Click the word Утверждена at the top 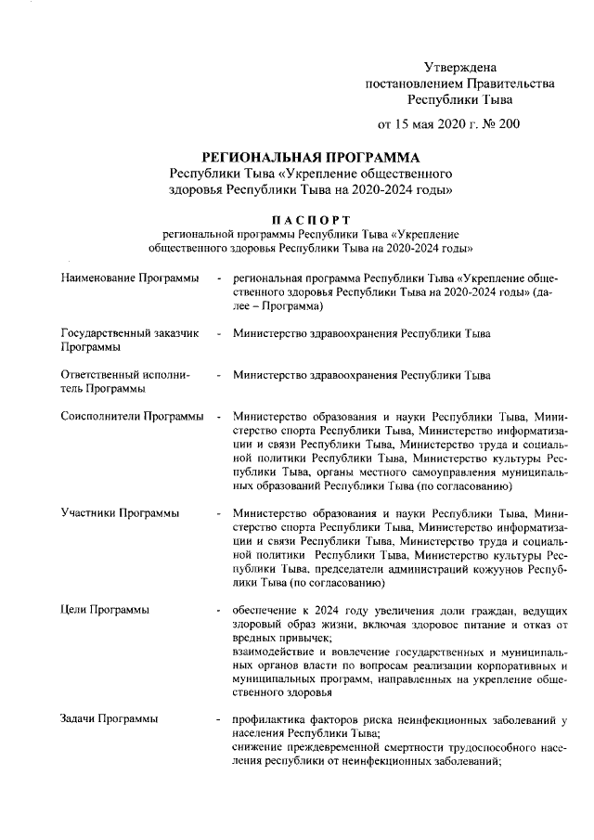tap(460, 67)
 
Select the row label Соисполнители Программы tap(132, 418)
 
